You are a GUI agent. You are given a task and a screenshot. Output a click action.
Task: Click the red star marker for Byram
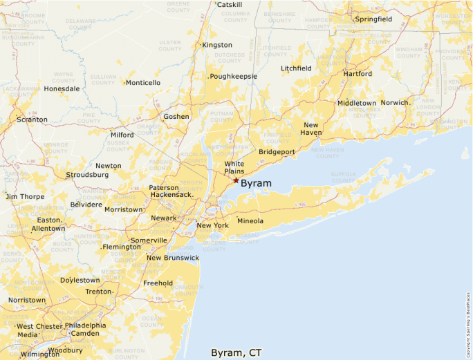[x=236, y=180]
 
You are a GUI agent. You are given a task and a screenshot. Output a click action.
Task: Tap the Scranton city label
[x=33, y=120]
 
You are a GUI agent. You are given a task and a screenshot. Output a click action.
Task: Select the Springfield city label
[x=373, y=19]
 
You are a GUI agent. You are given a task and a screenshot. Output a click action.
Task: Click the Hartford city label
[x=358, y=73]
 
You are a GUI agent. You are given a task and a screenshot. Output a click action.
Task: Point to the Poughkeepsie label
[x=234, y=76]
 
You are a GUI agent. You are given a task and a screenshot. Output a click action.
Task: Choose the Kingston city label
[x=217, y=45]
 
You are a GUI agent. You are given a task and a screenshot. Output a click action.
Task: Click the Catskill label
[x=230, y=4]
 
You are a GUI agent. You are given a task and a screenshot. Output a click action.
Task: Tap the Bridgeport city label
[x=277, y=152]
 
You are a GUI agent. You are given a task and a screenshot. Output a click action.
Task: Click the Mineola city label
[x=250, y=221]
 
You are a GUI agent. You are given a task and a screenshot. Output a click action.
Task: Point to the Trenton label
[x=98, y=292]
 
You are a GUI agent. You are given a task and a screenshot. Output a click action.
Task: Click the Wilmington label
[x=40, y=354]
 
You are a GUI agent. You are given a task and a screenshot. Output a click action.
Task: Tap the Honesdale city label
[x=62, y=88]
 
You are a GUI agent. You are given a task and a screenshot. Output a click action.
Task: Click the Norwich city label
[x=395, y=103]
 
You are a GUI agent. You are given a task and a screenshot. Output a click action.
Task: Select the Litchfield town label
[x=296, y=68]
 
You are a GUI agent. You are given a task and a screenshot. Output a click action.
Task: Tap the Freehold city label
[x=158, y=283]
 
